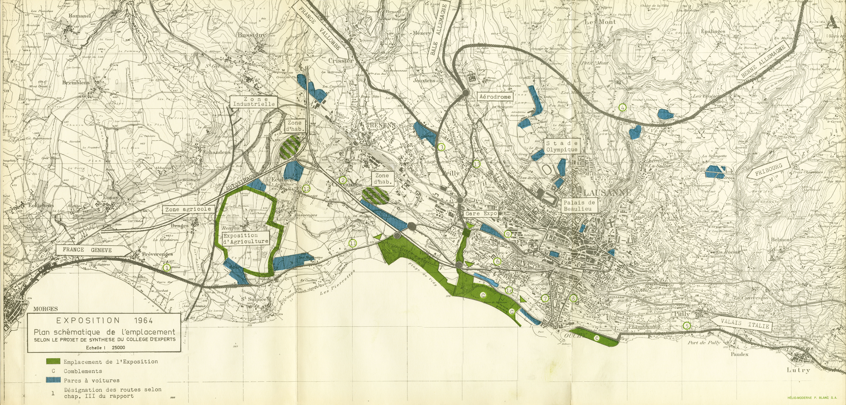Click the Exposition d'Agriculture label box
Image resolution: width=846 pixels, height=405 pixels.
(x=245, y=238)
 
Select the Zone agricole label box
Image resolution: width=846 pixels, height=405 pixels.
(x=188, y=209)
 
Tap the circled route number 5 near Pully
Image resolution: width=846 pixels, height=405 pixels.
(x=686, y=326)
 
